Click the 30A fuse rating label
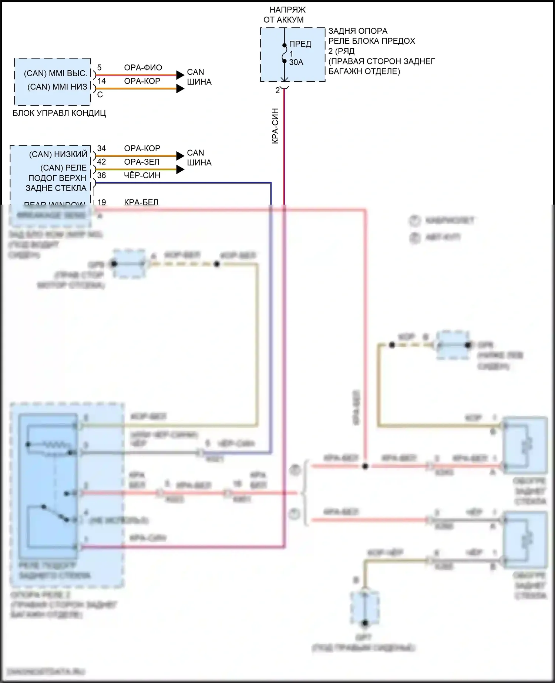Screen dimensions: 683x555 click(x=296, y=62)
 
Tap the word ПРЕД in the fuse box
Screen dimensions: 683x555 click(x=300, y=44)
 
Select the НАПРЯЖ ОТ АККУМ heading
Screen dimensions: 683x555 click(x=284, y=15)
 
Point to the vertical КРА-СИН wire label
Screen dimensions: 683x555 click(x=275, y=126)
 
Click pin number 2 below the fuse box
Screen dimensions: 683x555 click(x=277, y=90)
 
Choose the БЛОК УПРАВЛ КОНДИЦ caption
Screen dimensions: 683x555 click(x=59, y=113)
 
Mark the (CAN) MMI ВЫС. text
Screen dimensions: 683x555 click(x=55, y=73)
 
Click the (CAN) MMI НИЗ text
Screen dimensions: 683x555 click(x=57, y=87)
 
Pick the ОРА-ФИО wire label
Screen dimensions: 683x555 click(x=143, y=68)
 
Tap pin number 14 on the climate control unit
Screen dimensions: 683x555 click(x=101, y=81)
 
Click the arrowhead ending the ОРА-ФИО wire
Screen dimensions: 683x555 click(x=180, y=75)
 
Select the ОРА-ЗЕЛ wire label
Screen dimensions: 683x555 click(x=142, y=162)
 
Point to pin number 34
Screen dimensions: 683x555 click(x=101, y=148)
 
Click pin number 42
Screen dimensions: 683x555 click(x=101, y=162)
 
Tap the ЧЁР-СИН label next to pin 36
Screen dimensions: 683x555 click(x=142, y=176)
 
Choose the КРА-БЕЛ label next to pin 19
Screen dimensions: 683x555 click(x=141, y=202)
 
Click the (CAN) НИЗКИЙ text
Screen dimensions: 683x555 click(x=58, y=154)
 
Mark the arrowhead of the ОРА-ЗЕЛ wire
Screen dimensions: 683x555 click(x=180, y=169)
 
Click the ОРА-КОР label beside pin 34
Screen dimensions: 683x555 click(x=142, y=148)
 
